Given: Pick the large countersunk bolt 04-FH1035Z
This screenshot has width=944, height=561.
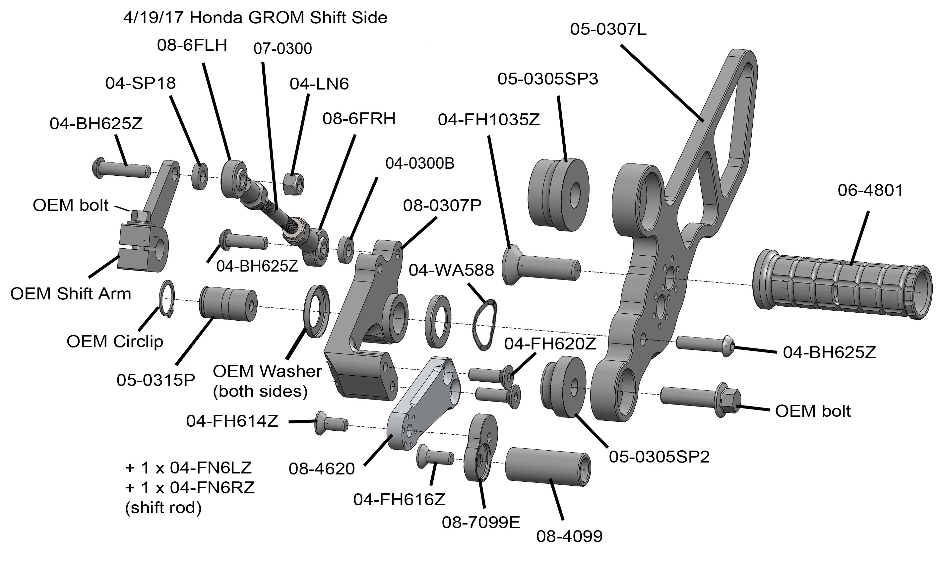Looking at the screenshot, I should [540, 267].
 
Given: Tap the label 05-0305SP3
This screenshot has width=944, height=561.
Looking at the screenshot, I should [547, 79].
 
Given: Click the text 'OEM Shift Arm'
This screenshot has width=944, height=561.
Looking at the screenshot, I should [71, 294].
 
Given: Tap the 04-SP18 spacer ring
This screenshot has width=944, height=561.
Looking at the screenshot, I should [200, 176].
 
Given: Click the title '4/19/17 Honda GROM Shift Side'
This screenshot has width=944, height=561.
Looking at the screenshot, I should [255, 18].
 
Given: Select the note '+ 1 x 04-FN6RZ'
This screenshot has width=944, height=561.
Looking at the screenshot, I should [190, 488].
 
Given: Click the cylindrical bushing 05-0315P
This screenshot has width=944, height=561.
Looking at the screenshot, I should [227, 303].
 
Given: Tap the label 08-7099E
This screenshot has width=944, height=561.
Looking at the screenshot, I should [481, 523].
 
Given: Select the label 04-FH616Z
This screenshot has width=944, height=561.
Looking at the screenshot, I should [399, 499].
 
